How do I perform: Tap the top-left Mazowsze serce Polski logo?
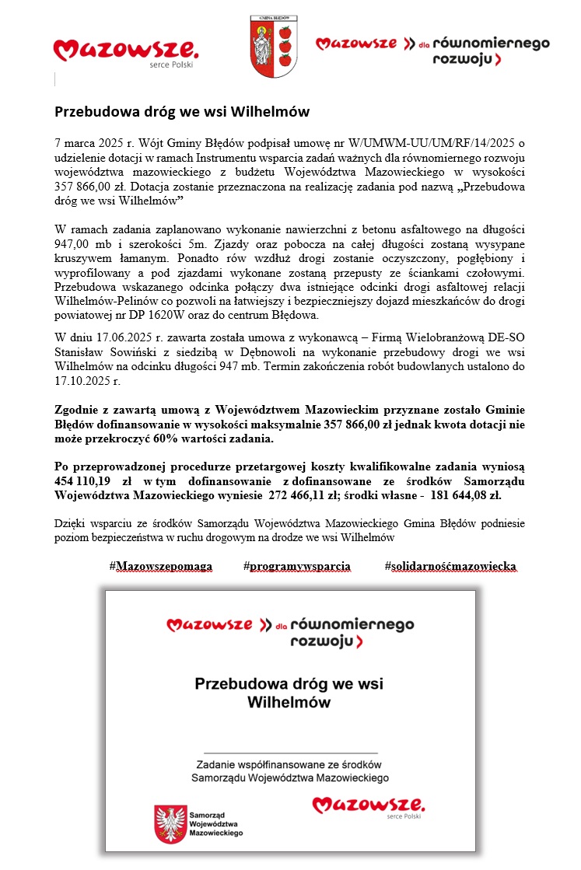click(125, 52)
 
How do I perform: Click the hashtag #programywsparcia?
click(296, 566)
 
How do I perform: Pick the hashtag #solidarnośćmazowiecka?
click(450, 566)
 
